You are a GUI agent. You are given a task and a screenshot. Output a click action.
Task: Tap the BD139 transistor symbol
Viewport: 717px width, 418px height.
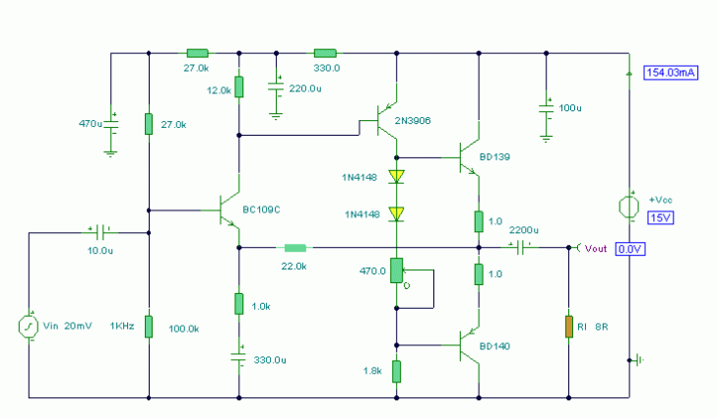[x=471, y=156]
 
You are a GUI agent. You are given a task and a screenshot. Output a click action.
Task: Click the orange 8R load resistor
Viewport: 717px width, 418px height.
[x=568, y=326]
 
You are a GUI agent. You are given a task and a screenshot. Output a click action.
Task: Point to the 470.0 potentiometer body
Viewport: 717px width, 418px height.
[x=397, y=269]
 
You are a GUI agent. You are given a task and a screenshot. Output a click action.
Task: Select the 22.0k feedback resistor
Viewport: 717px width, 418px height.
[x=295, y=248]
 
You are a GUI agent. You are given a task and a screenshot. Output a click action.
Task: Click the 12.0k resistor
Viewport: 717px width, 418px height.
[x=238, y=88]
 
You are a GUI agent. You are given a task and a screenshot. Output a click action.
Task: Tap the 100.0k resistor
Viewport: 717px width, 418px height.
[x=149, y=326]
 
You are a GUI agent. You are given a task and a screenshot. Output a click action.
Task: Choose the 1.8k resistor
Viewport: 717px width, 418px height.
[x=397, y=371]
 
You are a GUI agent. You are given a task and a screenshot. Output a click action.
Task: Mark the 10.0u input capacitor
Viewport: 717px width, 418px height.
[x=98, y=233]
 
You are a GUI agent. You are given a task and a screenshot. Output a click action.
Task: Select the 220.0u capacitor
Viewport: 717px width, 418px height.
[x=277, y=89]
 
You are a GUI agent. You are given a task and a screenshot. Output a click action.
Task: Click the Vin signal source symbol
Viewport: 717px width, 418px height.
[x=29, y=326]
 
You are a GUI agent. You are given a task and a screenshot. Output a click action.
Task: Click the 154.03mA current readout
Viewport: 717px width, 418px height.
[x=670, y=73]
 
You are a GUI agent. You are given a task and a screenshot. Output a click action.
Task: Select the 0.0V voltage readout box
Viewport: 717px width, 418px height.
[x=630, y=250]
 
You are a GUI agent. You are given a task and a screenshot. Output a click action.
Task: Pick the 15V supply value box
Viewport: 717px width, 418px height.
[x=659, y=216]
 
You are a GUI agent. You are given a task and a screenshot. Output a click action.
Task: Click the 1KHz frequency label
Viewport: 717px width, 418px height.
[x=122, y=326]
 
